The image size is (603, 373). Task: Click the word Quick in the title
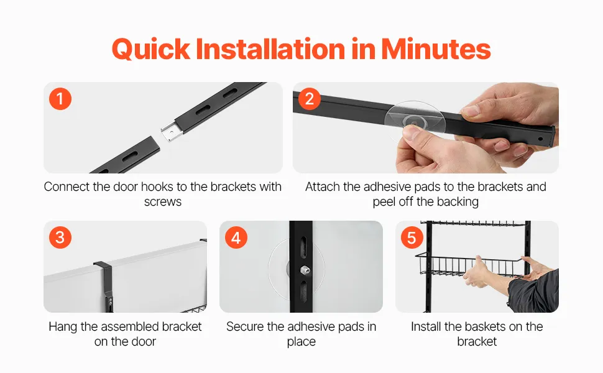coord(151,50)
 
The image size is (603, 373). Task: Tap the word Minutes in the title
coord(436,49)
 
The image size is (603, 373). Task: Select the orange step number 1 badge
coord(60,99)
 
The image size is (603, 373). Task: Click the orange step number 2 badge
coord(309,99)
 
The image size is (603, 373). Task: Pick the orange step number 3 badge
coord(60,237)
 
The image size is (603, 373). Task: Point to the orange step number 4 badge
coord(236,237)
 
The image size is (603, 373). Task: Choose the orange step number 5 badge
coord(412,237)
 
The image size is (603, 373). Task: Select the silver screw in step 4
coord(305,270)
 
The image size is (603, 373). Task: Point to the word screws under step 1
coord(163,202)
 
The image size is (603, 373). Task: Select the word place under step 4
coord(301,342)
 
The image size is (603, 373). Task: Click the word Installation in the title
coord(270,49)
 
